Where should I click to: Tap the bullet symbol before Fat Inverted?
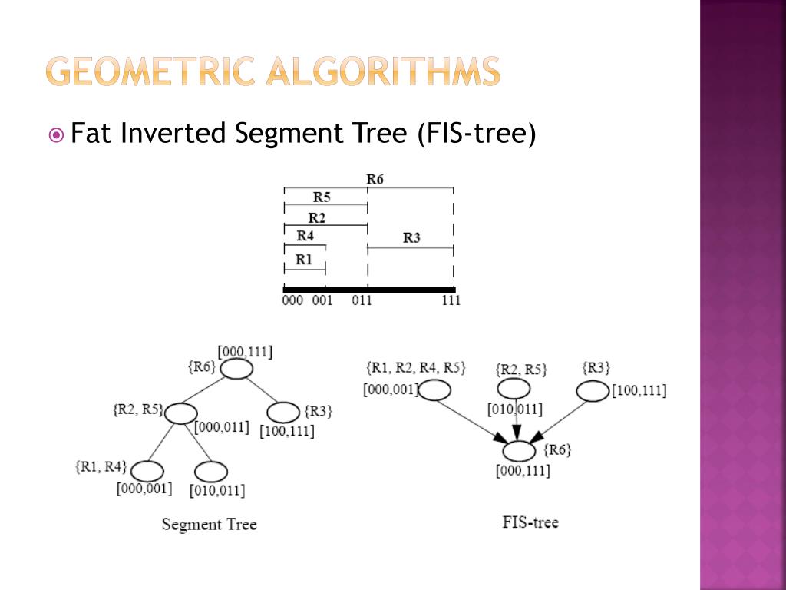click(56, 135)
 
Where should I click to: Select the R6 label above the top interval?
click(375, 179)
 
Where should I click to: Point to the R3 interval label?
click(411, 237)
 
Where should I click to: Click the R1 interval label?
click(304, 259)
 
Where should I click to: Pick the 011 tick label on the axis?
click(362, 300)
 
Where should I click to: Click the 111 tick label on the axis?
click(451, 300)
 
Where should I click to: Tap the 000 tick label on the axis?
click(292, 300)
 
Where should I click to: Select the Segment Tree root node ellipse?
click(236, 370)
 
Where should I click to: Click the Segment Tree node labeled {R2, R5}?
click(181, 413)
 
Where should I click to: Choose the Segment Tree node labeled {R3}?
click(283, 413)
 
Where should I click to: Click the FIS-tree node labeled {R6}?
click(520, 452)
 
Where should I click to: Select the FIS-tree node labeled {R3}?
click(592, 391)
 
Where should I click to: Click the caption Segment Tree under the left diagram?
click(209, 525)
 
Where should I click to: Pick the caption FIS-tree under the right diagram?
click(530, 522)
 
